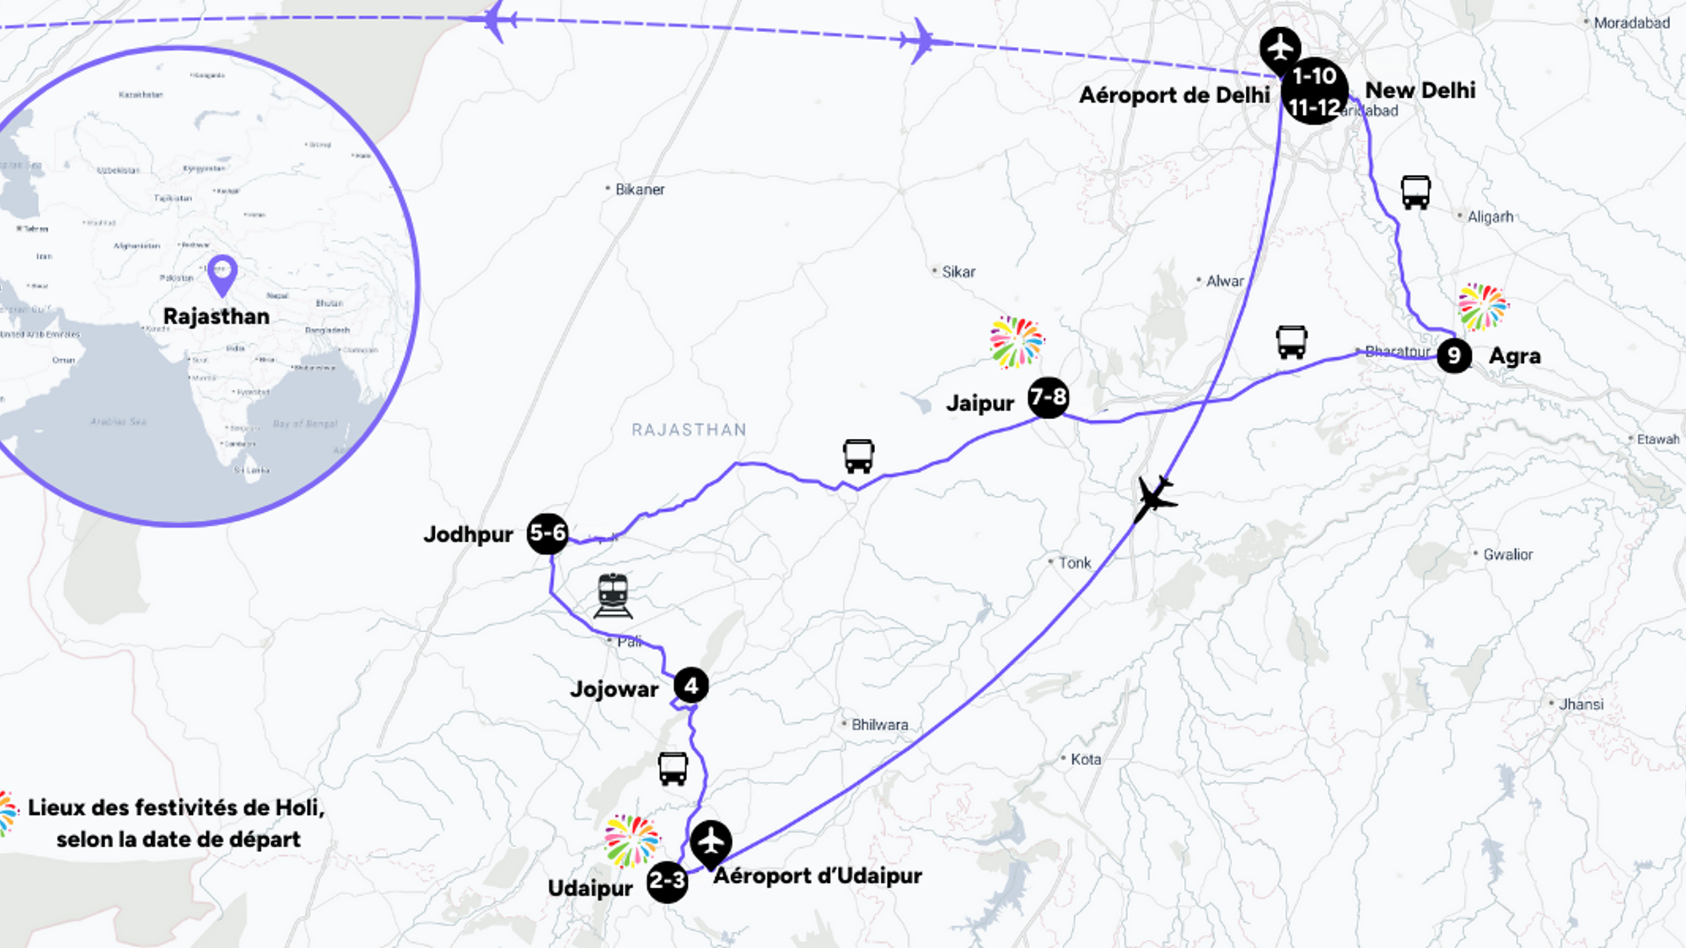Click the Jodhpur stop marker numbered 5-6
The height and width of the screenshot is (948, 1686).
pos(547,533)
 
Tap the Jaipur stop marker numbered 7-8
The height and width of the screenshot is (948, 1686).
pos(1048,397)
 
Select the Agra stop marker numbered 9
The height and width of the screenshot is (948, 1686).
pos(1454,356)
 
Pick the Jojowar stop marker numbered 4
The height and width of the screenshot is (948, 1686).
pos(691,686)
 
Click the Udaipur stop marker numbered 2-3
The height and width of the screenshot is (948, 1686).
pos(667,882)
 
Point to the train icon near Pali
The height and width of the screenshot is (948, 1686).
pos(613,595)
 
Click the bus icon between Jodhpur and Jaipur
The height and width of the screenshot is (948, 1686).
pos(858,456)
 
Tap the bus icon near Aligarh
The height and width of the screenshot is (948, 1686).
pos(1415,192)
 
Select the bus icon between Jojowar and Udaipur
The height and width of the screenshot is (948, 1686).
pos(673,769)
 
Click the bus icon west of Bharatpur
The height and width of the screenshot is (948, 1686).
pos(1291,342)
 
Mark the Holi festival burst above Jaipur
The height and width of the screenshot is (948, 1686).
pos(1016,342)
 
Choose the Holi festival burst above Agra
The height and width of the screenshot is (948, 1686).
pos(1483,307)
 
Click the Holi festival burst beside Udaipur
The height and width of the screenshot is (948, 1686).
pos(631,841)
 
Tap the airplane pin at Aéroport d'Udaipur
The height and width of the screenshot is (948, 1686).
pos(711,842)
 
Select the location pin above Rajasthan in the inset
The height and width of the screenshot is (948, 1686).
pos(223,274)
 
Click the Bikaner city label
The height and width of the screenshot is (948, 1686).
pos(639,190)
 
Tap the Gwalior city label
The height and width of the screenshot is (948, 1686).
pos(1507,554)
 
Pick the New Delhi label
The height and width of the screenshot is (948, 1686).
pos(1420,90)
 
